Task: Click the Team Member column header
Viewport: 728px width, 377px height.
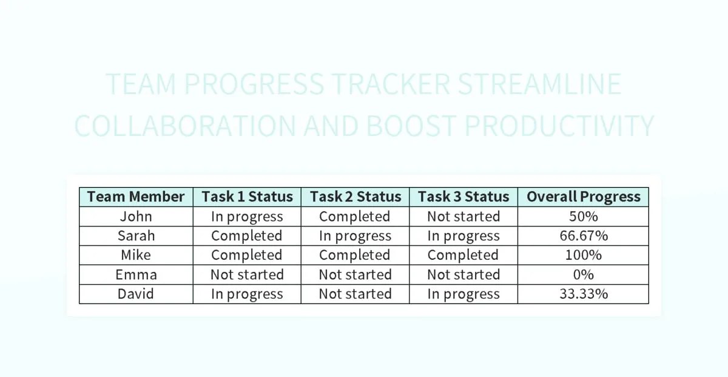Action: (136, 197)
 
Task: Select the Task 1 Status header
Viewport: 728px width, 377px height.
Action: (247, 197)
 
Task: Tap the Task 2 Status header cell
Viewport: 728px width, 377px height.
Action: (356, 197)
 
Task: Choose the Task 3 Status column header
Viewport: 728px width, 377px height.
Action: (463, 197)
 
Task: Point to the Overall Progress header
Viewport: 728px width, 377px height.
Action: (583, 197)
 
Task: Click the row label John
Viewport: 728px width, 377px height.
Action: (136, 216)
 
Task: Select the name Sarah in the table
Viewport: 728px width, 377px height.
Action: (136, 236)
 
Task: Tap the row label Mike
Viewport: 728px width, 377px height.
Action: (136, 255)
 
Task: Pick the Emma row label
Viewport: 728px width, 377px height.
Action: (136, 274)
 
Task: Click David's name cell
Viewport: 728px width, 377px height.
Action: (136, 294)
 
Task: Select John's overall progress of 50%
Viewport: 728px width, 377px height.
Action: (583, 216)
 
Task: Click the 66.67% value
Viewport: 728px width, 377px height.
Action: (583, 236)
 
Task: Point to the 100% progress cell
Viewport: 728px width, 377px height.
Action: (583, 255)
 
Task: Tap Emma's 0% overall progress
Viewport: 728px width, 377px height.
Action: (583, 274)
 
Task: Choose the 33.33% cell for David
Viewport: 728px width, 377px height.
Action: (583, 294)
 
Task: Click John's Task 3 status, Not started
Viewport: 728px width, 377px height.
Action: (463, 216)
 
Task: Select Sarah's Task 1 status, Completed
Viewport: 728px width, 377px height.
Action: (247, 236)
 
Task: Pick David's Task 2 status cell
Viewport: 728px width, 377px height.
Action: (356, 294)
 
